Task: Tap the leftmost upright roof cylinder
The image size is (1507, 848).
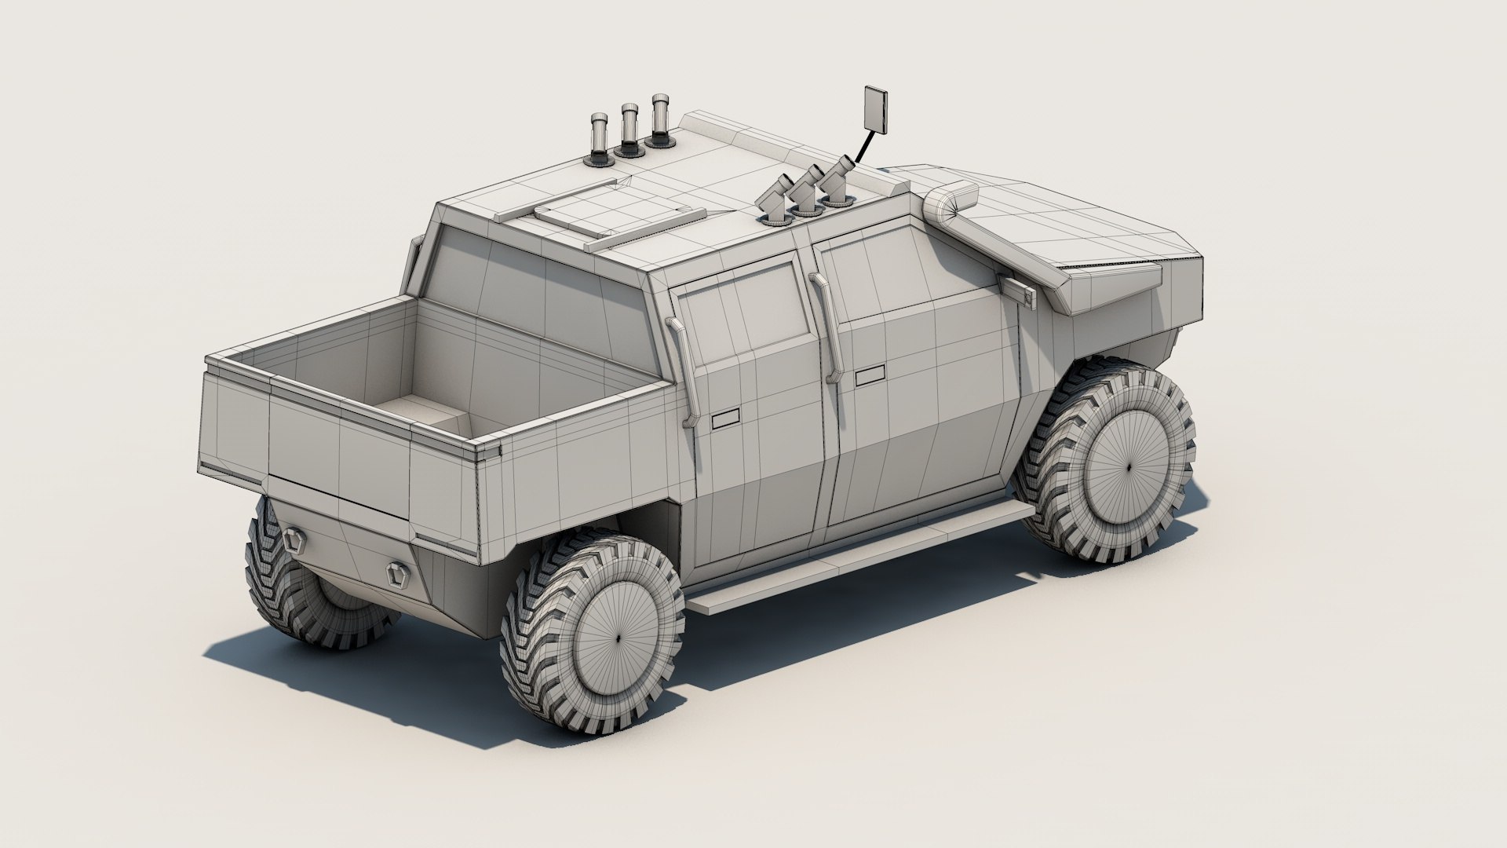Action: pyautogui.click(x=599, y=137)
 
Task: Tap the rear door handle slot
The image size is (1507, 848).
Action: pyautogui.click(x=726, y=422)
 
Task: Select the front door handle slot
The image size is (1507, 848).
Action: pyautogui.click(x=870, y=377)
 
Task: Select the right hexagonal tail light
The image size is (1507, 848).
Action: pyautogui.click(x=396, y=573)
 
